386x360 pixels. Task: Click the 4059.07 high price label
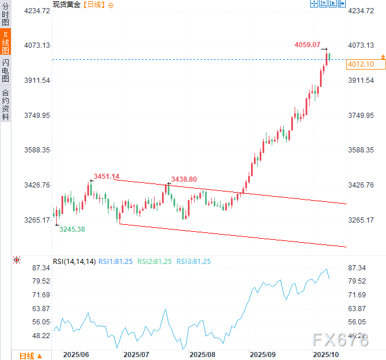308,44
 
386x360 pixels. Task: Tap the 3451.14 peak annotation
106,176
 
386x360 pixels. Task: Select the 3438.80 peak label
184,179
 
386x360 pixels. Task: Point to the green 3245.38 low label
72,229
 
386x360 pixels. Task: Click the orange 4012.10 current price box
361,64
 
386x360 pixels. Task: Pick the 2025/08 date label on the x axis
202,355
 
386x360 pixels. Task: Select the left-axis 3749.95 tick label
36,115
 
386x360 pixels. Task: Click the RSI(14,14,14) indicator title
74,262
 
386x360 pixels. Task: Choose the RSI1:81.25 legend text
115,262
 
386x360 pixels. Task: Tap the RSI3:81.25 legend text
193,262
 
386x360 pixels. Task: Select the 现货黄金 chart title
65,5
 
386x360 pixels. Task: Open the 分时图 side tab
5,14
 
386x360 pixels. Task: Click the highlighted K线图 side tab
5,41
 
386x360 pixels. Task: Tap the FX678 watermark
341,339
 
